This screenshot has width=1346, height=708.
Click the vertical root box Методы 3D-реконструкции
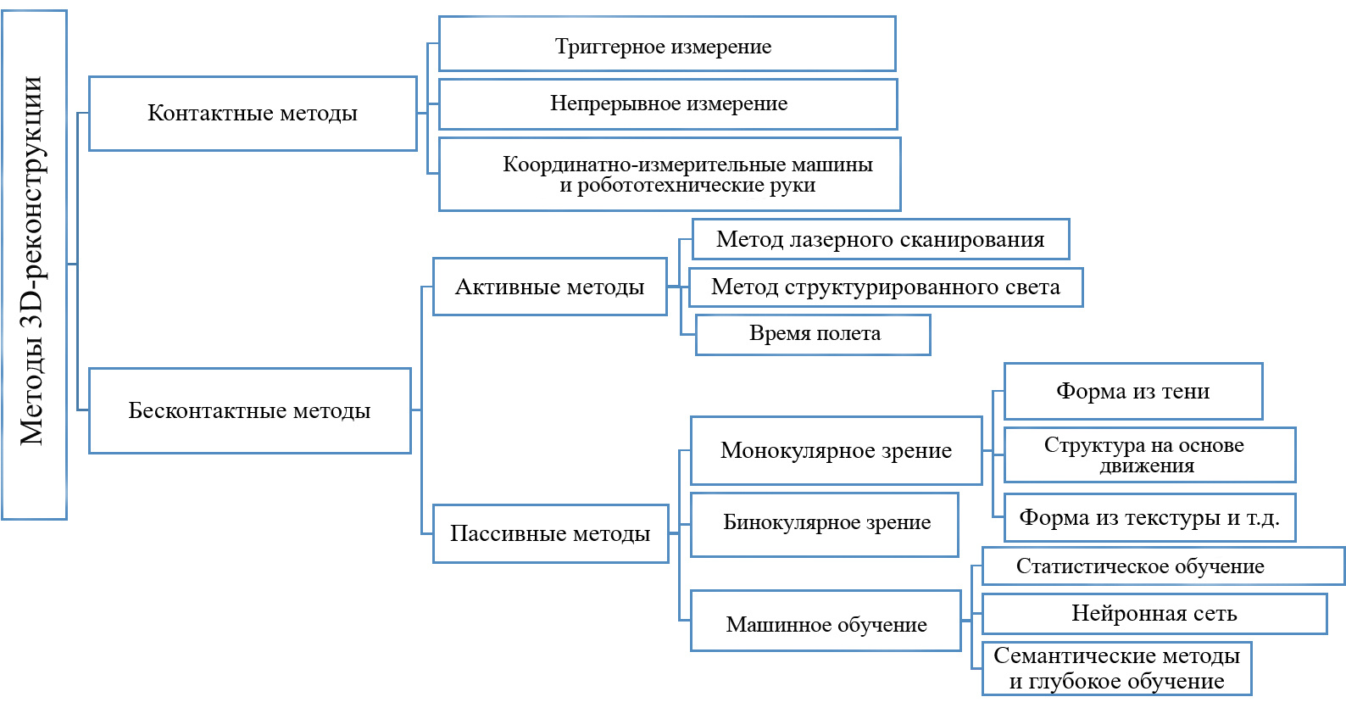click(x=34, y=265)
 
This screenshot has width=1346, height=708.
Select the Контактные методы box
click(x=253, y=113)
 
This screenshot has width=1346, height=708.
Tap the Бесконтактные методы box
click(x=250, y=410)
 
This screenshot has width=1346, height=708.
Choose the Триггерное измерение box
click(x=668, y=44)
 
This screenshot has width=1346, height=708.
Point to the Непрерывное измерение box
click(x=668, y=104)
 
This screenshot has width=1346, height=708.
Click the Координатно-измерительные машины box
click(x=670, y=175)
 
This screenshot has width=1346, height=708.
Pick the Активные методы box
click(x=550, y=287)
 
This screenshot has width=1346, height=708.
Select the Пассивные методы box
click(x=551, y=533)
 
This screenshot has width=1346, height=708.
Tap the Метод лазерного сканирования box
click(x=881, y=239)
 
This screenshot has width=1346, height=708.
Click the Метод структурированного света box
click(x=886, y=287)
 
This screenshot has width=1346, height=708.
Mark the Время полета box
click(x=813, y=335)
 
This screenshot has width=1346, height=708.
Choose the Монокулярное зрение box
click(x=837, y=451)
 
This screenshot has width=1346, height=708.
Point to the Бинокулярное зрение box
click(x=825, y=525)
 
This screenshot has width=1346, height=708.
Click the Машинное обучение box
click(x=826, y=621)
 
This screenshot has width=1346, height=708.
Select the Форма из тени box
click(x=1133, y=391)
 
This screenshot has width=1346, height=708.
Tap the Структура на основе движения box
click(x=1149, y=455)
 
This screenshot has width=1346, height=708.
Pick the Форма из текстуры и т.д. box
click(x=1149, y=517)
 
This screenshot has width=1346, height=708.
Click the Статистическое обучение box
click(x=1163, y=566)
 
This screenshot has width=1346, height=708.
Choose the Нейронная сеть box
click(x=1154, y=614)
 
